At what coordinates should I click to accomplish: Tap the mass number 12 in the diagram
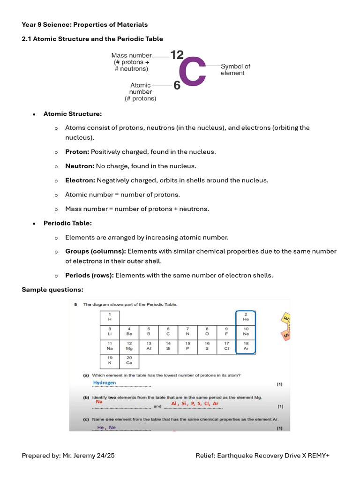coord(177,55)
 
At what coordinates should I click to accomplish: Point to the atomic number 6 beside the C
coord(177,85)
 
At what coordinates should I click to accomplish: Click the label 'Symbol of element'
coord(235,70)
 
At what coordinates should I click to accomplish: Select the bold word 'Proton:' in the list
coord(77,152)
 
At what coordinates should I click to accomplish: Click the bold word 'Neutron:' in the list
coord(80,166)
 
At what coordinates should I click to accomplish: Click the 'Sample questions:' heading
coord(52,290)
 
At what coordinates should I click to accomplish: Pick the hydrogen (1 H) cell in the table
coord(110,317)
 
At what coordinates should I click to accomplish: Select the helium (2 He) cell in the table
coord(246,317)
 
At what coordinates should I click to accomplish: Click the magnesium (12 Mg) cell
coord(129,346)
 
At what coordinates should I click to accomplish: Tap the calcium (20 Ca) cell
coord(129,360)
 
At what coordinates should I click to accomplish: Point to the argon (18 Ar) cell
coord(246,346)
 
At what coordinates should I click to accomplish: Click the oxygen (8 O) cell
coord(207,332)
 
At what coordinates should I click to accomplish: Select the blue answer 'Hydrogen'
coord(105,382)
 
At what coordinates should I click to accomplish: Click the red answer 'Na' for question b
coord(99,402)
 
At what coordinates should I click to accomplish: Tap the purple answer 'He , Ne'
coord(106,427)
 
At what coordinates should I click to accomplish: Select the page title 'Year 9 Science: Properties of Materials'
coord(85,24)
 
